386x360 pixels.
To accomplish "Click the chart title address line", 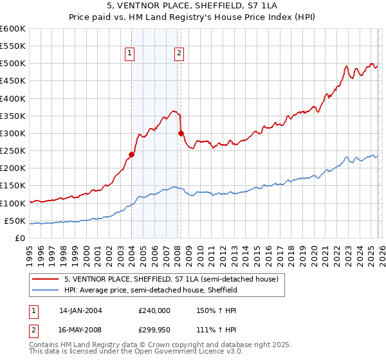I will click(193, 6).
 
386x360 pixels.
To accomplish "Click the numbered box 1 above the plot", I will click(131, 54).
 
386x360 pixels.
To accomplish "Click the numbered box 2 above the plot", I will click(179, 54).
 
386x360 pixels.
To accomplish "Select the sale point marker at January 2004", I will click(131, 154).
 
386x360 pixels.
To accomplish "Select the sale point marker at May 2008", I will click(181, 133).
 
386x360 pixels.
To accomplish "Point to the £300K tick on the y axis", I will click(13, 134).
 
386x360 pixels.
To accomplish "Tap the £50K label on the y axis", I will click(15, 221).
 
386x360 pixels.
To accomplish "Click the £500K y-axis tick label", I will click(13, 64).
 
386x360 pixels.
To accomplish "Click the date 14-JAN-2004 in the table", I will click(80, 310).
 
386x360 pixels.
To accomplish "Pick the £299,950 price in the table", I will click(154, 330).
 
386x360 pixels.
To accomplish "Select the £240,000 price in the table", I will click(154, 310).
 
